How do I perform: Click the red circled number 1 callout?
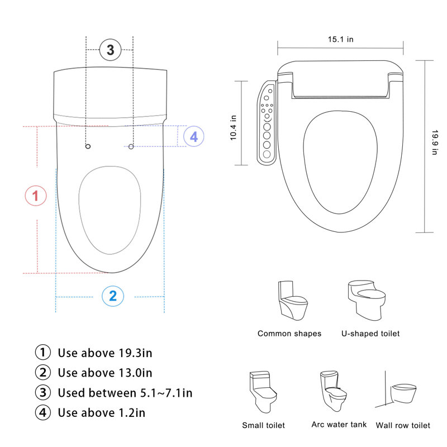click(x=36, y=196)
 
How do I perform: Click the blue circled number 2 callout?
click(x=112, y=296)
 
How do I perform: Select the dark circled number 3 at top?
click(x=110, y=50)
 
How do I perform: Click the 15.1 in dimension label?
click(x=340, y=39)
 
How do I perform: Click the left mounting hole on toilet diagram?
click(x=88, y=146)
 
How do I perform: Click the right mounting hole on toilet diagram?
click(x=131, y=146)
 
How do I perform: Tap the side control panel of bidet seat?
click(x=267, y=123)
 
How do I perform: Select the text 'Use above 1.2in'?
click(x=101, y=413)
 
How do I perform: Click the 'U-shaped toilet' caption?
click(x=370, y=334)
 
